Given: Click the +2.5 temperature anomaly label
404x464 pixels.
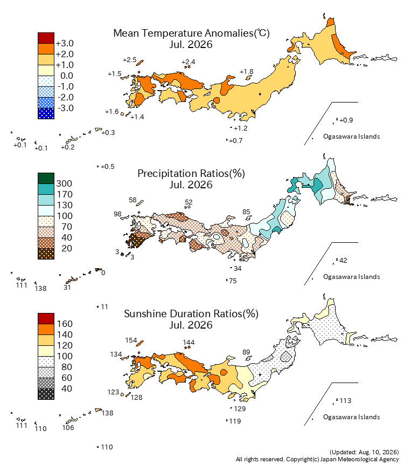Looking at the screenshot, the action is point(130,60).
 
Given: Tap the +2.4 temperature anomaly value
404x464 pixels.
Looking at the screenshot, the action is point(188,62).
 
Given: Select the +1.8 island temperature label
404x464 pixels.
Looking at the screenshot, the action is point(247,72).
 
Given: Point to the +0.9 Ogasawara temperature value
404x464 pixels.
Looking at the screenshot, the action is point(346,120).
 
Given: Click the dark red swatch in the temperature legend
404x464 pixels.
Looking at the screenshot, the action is point(46,38).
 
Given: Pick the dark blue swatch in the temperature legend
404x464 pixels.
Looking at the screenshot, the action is point(46,114).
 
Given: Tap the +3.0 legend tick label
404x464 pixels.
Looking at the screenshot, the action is point(65,43).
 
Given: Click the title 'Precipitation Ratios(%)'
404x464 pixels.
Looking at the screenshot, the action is point(191,173).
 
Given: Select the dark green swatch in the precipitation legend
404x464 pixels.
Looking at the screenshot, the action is point(46,179).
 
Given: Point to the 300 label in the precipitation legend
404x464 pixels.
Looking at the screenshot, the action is point(64,183).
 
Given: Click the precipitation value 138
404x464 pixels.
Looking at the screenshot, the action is point(40,289).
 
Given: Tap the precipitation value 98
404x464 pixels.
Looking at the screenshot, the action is point(117,214).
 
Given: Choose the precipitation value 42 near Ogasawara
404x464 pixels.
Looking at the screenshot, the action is point(343,261).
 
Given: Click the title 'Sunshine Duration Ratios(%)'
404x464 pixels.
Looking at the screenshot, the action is point(191,313).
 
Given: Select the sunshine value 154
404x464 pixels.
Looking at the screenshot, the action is point(131,340).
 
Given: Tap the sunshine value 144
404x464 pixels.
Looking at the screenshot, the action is point(189,343).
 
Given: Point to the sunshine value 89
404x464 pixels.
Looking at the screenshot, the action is point(246,352).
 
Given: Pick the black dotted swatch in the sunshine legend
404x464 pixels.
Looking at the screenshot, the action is point(46,394).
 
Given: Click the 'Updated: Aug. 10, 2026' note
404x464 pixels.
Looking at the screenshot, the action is point(364,452).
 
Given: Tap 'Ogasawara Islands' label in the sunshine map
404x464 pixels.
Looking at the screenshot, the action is point(351,417).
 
